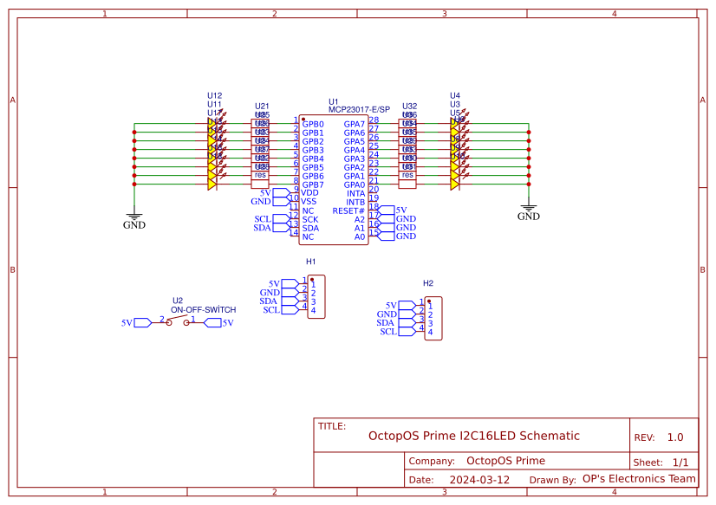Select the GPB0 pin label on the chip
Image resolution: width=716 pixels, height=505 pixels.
(x=313, y=124)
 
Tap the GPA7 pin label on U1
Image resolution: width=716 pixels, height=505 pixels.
(x=354, y=124)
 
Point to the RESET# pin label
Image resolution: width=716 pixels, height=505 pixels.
(x=348, y=210)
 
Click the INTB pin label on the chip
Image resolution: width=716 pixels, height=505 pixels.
(x=355, y=202)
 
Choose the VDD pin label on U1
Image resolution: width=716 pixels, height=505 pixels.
(x=309, y=193)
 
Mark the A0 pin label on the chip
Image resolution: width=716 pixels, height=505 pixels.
(x=359, y=236)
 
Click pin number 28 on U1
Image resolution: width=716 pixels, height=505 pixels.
(x=374, y=120)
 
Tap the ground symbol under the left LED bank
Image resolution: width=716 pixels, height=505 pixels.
(x=134, y=218)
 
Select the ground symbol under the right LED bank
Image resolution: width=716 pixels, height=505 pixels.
(x=529, y=210)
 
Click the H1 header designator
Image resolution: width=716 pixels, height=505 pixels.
(x=310, y=261)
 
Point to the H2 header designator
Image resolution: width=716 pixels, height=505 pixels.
(x=427, y=283)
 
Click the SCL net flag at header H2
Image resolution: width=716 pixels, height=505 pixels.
(x=388, y=332)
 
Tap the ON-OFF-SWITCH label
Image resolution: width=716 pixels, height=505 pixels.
(x=204, y=309)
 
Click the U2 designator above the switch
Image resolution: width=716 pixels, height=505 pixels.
(x=178, y=301)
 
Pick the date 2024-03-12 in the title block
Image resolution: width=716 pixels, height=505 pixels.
(x=479, y=479)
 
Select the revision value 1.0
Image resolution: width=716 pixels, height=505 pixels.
(x=675, y=437)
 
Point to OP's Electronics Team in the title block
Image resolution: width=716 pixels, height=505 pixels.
(x=639, y=478)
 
